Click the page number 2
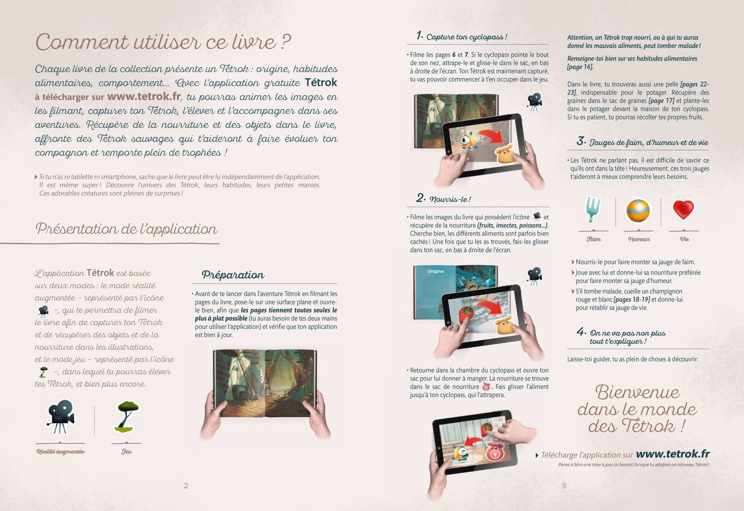pyautogui.click(x=186, y=486)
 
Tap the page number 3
pyautogui.click(x=564, y=486)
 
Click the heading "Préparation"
pyautogui.click(x=233, y=275)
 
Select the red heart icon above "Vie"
pyautogui.click(x=683, y=209)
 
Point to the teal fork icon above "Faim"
pyautogui.click(x=592, y=209)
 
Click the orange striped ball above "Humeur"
pyautogui.click(x=638, y=211)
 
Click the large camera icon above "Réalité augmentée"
pyautogui.click(x=61, y=417)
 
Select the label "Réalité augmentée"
pyautogui.click(x=60, y=452)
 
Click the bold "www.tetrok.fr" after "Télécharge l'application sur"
pyautogui.click(x=673, y=454)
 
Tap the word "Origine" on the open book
pyautogui.click(x=435, y=271)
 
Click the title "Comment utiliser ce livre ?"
pyautogui.click(x=163, y=42)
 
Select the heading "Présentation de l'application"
pyautogui.click(x=126, y=229)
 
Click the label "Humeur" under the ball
pyautogui.click(x=639, y=239)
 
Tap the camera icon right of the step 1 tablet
pyautogui.click(x=535, y=102)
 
